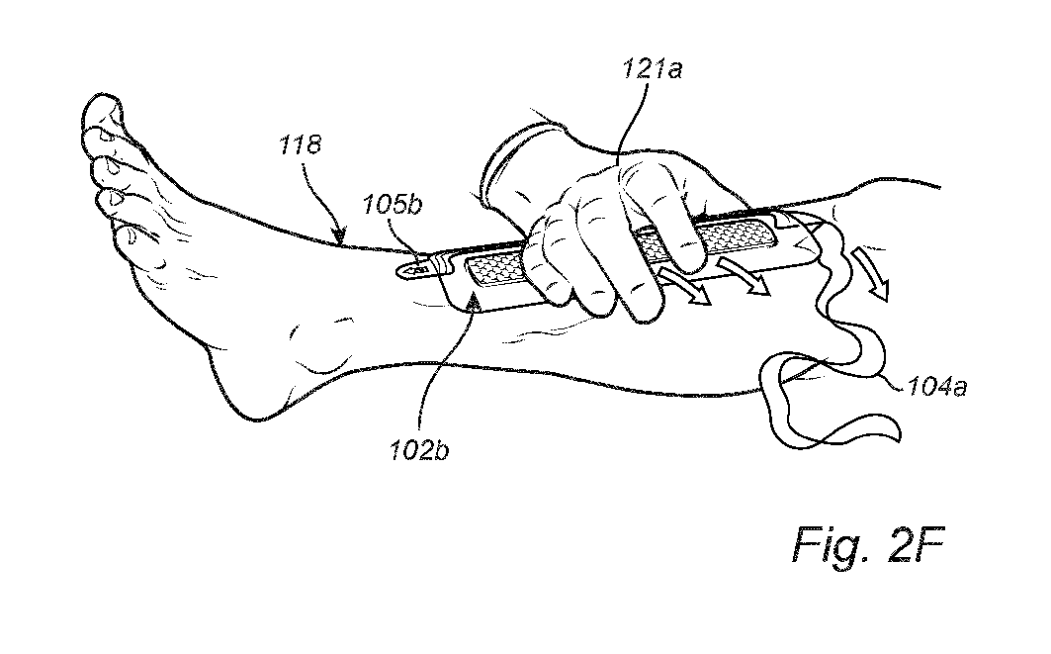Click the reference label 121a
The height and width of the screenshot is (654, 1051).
tap(653, 70)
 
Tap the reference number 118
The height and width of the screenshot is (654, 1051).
tap(301, 144)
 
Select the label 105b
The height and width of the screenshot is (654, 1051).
tap(393, 205)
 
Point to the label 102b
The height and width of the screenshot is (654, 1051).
tap(419, 451)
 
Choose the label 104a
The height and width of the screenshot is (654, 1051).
tap(936, 387)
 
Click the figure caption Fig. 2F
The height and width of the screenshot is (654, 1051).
tap(868, 544)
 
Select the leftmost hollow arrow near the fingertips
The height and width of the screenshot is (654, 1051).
tap(684, 284)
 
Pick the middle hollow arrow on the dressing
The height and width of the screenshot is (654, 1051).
tap(745, 274)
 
